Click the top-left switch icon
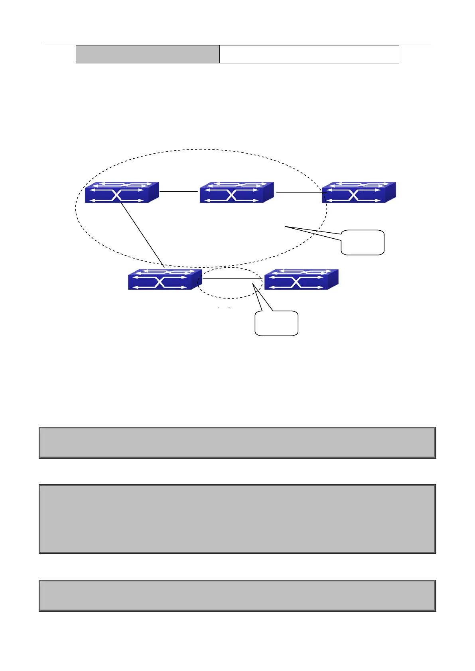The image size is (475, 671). coord(122,192)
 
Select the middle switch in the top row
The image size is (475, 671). coord(237,192)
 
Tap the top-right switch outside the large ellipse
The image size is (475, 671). coord(359,192)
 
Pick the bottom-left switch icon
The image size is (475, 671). coord(165,279)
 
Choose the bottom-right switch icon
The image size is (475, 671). coord(301,279)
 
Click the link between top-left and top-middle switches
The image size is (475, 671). coord(179,192)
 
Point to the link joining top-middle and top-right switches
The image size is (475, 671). coord(299,193)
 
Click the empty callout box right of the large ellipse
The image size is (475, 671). coord(363,242)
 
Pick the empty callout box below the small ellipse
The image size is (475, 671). coord(276,323)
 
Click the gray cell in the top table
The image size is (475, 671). coord(148,54)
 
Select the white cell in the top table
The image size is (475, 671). coord(309,54)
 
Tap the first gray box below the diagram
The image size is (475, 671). coord(237,443)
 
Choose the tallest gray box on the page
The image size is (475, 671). coord(237,519)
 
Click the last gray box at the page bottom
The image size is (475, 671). coord(237,595)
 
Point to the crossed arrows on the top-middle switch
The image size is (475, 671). coord(231,195)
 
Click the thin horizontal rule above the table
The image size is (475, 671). coord(237,44)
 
